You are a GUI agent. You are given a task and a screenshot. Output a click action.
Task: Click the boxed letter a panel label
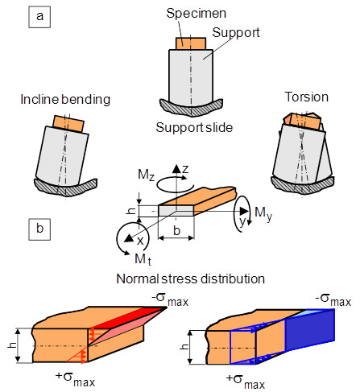[x=39, y=16]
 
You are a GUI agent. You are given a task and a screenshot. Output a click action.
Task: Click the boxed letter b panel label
[x=39, y=229]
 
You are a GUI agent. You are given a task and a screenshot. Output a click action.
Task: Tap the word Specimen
[x=196, y=14]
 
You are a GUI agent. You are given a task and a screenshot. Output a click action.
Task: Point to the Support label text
[x=236, y=33]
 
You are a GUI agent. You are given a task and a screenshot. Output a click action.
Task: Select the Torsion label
[x=306, y=97]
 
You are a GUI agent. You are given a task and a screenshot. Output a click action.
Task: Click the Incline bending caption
[x=65, y=99]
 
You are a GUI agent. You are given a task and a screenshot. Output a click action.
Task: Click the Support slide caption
[x=194, y=127]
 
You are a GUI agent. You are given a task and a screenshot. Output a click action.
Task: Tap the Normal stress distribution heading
[x=191, y=279]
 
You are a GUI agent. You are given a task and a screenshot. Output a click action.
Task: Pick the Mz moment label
[x=146, y=175]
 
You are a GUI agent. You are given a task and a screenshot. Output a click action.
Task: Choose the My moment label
[x=263, y=214]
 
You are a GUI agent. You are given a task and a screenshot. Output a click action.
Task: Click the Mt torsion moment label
[x=143, y=259]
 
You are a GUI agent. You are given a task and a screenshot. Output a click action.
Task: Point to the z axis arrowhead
[x=176, y=168]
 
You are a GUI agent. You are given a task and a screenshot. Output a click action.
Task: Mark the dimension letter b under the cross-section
[x=176, y=230]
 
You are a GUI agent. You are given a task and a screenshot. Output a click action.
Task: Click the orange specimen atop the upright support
[x=191, y=43]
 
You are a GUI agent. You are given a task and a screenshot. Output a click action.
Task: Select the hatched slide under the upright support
[x=191, y=107]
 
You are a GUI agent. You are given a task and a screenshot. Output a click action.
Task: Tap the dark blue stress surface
[x=309, y=330]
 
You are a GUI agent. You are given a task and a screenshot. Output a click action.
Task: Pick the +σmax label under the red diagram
[x=76, y=378]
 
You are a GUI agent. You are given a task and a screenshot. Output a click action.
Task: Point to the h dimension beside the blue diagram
[x=184, y=347]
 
